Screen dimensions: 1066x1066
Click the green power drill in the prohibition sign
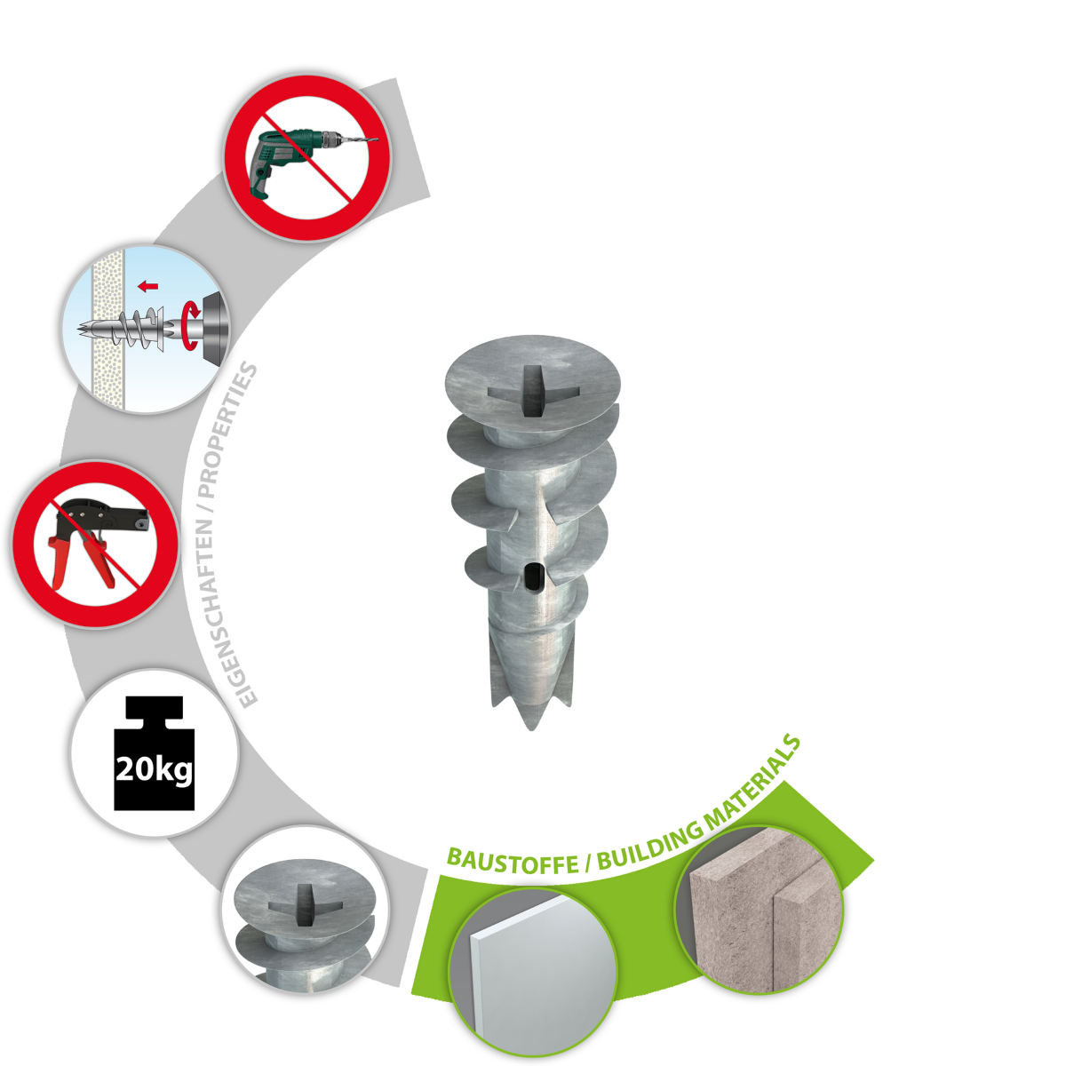(298, 156)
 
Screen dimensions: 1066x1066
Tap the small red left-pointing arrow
(147, 286)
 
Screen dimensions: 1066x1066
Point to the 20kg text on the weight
(155, 768)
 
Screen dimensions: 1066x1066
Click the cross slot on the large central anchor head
(533, 391)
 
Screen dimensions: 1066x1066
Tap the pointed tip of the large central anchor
(531, 728)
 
